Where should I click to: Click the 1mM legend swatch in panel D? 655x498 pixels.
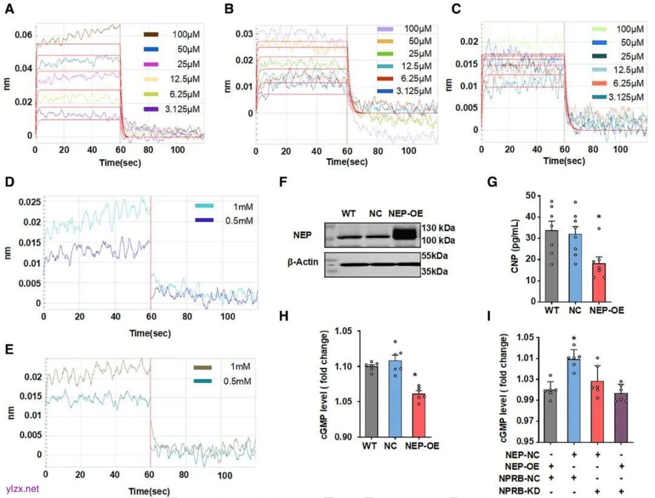[x=204, y=206]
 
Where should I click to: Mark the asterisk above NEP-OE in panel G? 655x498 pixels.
[x=598, y=217]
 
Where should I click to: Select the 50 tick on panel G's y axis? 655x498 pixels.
[x=516, y=196]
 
